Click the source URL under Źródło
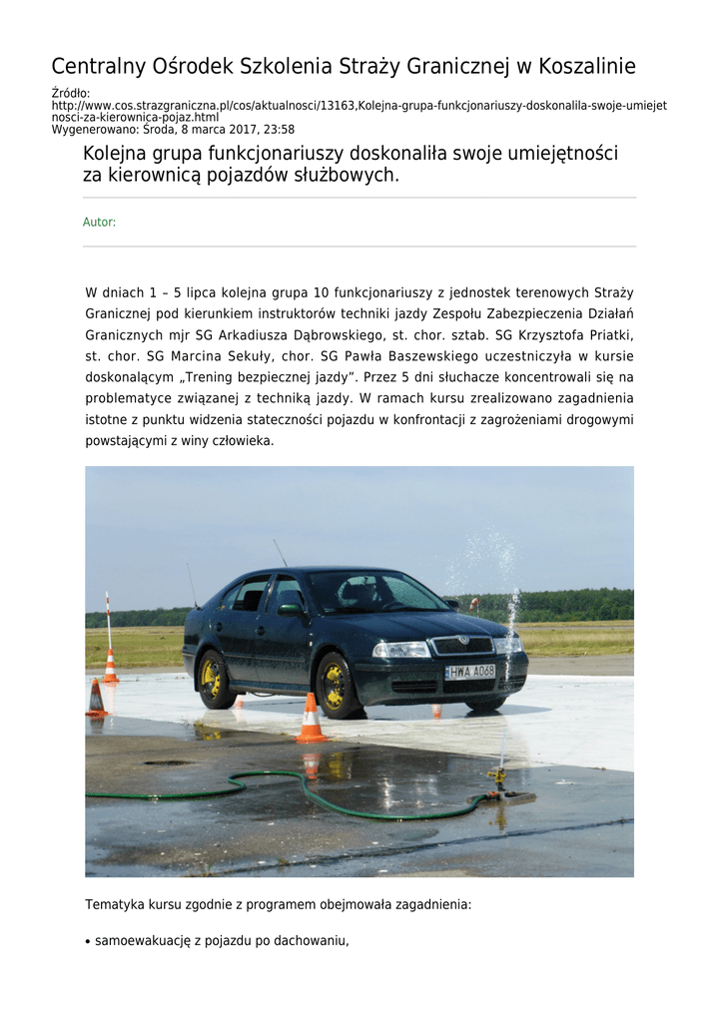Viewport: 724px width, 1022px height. click(360, 111)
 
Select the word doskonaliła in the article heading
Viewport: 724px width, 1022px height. click(394, 154)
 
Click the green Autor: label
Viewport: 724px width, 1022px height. click(99, 223)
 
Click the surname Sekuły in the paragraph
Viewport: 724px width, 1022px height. click(247, 356)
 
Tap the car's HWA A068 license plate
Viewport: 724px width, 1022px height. click(469, 672)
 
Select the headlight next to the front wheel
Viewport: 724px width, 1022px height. click(401, 649)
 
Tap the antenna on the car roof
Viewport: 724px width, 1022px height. click(280, 553)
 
